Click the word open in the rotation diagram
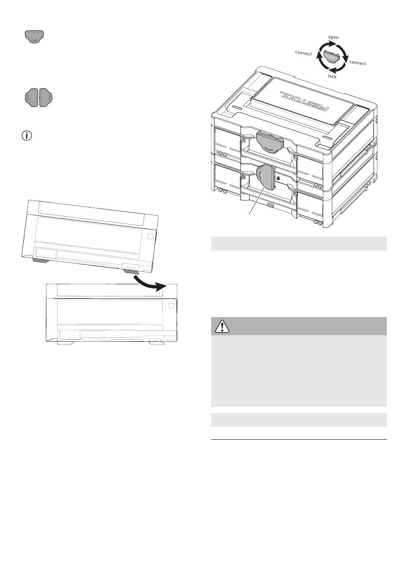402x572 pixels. (x=333, y=37)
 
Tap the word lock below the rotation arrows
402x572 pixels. (x=332, y=77)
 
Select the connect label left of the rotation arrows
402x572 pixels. (x=303, y=53)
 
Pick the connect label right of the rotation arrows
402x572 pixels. (x=358, y=63)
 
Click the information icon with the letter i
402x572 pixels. (x=27, y=136)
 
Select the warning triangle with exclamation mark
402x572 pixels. (x=222, y=326)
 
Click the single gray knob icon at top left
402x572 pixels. (x=35, y=37)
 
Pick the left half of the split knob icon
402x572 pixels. (x=32, y=97)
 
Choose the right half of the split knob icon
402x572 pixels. (x=46, y=97)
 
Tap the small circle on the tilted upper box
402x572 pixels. (x=150, y=236)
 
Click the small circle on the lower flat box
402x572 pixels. (x=171, y=305)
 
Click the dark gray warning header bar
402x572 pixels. (x=298, y=326)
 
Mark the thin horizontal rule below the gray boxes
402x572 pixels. (x=298, y=440)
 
